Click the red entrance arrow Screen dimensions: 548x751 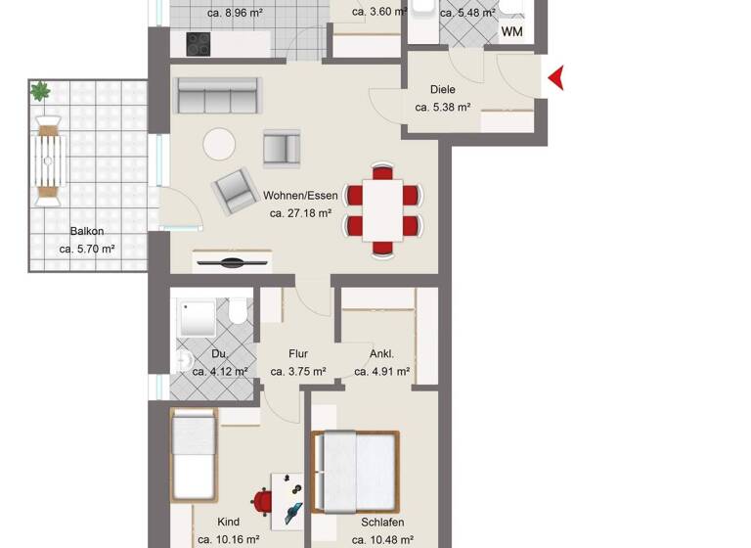pos(555,78)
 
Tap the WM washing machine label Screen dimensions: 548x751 pos(512,32)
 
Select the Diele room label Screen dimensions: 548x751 pos(443,90)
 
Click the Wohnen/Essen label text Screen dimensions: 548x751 pos(300,195)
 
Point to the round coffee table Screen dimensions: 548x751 pos(219,145)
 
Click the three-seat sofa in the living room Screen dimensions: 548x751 pos(217,97)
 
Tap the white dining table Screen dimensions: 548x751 pos(383,210)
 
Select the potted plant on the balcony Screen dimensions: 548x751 pos(40,92)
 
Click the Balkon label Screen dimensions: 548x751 pos(87,232)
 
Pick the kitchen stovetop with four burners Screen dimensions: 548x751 pos(199,44)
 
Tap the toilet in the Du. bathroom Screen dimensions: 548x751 pos(238,314)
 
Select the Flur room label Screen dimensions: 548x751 pos(298,354)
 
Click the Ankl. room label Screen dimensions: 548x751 pos(381,354)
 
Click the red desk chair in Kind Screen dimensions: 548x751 pos(261,501)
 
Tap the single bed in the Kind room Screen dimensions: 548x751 pos(193,456)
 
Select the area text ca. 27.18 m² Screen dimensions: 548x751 pos(300,212)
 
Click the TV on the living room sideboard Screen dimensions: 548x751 pos(233,262)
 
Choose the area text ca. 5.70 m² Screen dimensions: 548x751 pos(87,250)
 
